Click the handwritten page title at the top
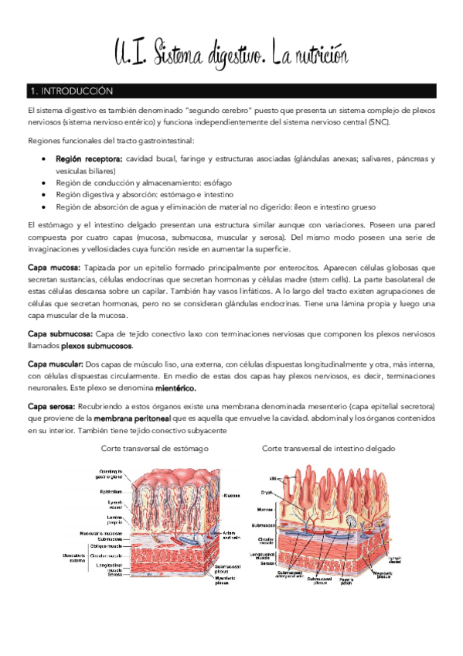click(x=231, y=54)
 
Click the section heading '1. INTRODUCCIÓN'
click(x=70, y=91)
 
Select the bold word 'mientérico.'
click(x=175, y=388)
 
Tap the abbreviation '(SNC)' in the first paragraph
click(x=378, y=121)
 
